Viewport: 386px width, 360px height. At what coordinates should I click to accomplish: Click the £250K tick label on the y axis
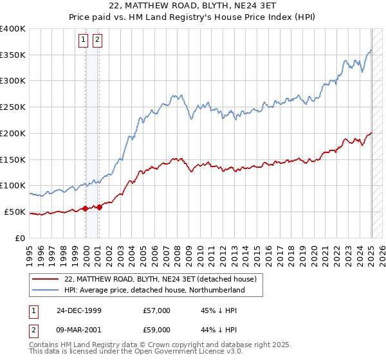point(12,107)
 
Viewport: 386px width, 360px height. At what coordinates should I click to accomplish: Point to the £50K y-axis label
point(14,212)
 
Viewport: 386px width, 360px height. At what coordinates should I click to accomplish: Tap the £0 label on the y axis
point(21,238)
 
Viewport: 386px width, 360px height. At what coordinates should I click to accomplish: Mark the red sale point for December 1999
point(86,208)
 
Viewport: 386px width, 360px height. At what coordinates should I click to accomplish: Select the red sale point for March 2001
point(100,207)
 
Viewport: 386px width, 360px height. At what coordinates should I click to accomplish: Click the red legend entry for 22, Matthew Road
point(161,280)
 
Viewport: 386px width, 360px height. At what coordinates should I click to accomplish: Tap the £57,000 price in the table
point(157,310)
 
